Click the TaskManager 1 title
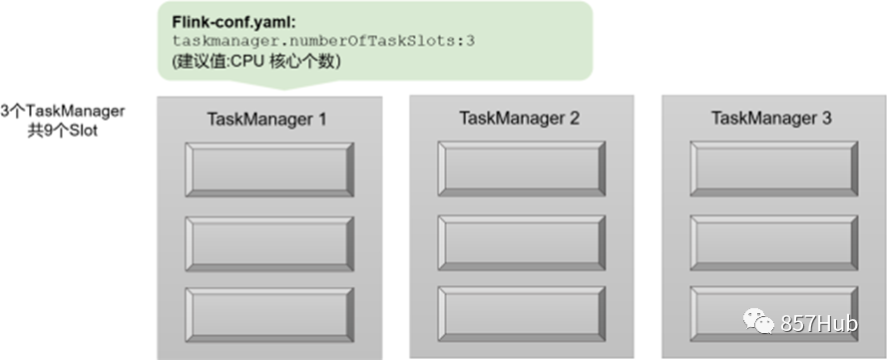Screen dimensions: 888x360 (x=266, y=120)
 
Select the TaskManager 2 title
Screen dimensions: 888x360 (x=519, y=119)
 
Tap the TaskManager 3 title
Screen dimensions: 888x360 (x=771, y=119)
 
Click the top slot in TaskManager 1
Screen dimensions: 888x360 (x=269, y=170)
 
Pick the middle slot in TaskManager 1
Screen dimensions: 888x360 (x=269, y=243)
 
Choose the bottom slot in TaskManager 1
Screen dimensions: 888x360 (x=269, y=315)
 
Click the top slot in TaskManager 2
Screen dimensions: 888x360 (x=522, y=169)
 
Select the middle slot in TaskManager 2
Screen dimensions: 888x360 (x=522, y=242)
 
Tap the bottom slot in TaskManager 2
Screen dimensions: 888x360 (x=522, y=314)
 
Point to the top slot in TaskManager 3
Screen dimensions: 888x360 (x=774, y=169)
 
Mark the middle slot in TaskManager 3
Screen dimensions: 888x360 (x=774, y=242)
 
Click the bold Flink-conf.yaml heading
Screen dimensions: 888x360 (x=233, y=23)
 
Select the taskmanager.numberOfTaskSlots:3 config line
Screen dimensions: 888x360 (x=323, y=41)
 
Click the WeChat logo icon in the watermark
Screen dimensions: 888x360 (x=759, y=321)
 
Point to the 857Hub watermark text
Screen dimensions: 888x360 (x=819, y=323)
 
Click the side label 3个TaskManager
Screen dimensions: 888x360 (x=63, y=111)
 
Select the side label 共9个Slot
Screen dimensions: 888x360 (x=63, y=131)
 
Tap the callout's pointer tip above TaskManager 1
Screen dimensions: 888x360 (x=284, y=90)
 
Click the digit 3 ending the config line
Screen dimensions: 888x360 (x=471, y=41)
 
